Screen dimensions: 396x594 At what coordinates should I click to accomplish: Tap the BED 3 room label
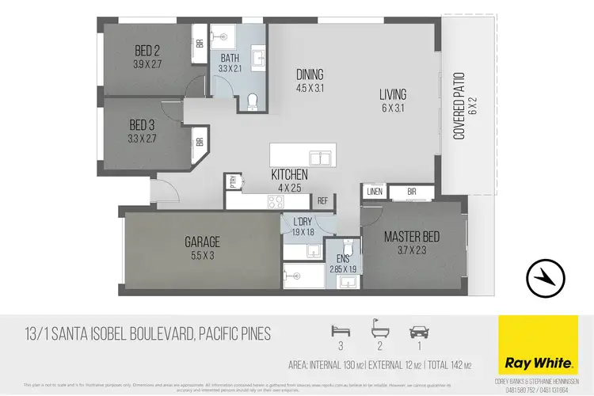[x=143, y=125]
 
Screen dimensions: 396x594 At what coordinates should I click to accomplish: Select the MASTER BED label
[x=412, y=237]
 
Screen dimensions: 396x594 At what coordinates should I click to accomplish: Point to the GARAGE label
[x=203, y=242]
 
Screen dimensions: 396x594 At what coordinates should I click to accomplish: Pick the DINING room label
[x=310, y=74]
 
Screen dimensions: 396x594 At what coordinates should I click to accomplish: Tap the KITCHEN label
[x=289, y=174]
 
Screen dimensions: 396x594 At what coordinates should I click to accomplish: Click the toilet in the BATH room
[x=252, y=101]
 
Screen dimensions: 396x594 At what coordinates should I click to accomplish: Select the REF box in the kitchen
[x=322, y=201]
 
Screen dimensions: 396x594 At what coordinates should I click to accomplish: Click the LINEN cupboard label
[x=375, y=192]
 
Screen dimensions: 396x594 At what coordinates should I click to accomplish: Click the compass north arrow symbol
[x=545, y=276]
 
